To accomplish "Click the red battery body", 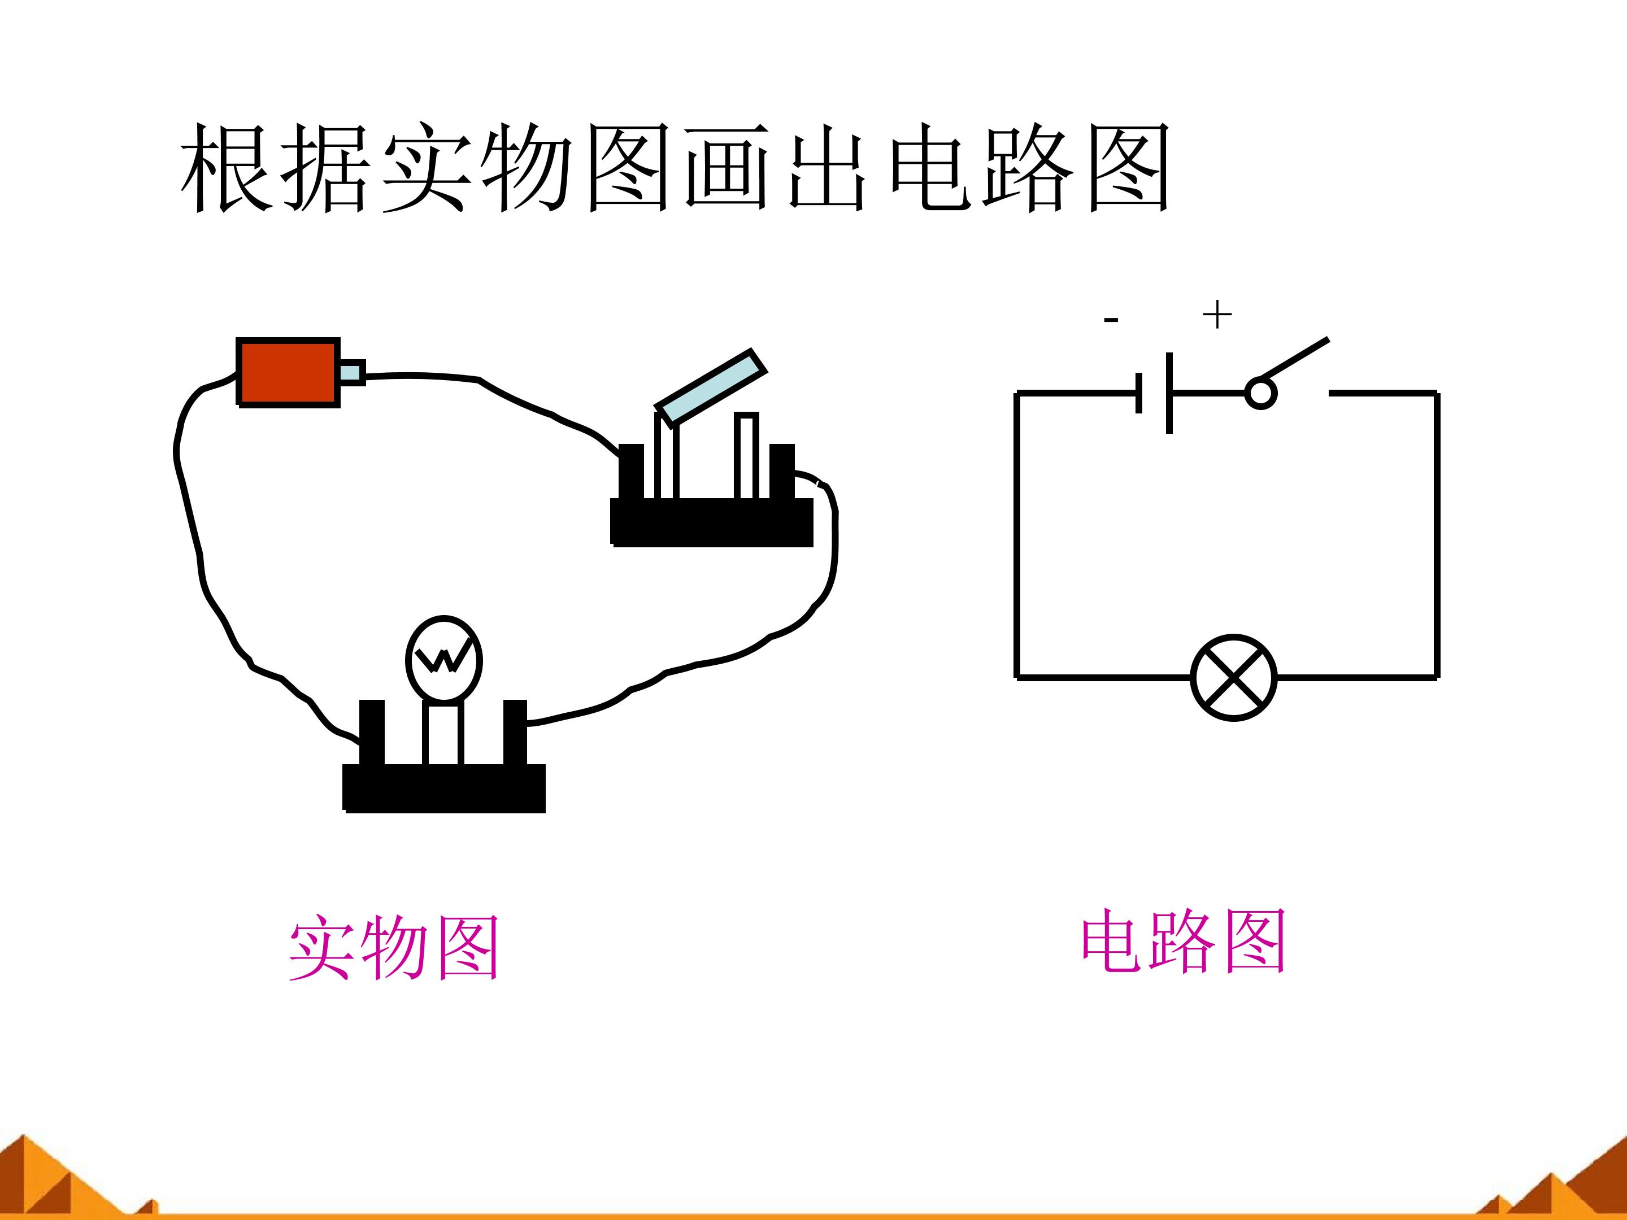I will [x=288, y=372].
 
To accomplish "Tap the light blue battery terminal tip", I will [x=351, y=372].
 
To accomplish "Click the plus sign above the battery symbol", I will [x=1216, y=315].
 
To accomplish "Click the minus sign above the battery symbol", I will [x=1111, y=320].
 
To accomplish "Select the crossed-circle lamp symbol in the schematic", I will [x=1233, y=677].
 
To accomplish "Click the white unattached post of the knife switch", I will [x=746, y=456].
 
